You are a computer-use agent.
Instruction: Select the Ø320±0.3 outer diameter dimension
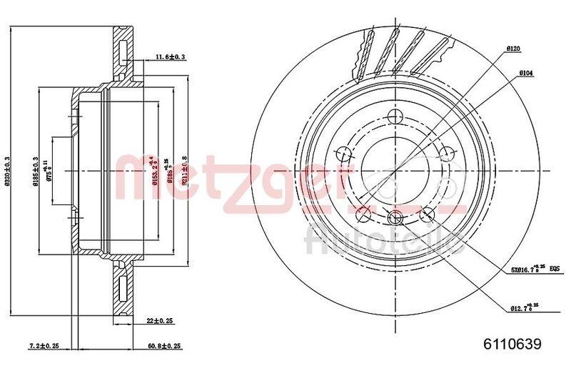pos(8,172)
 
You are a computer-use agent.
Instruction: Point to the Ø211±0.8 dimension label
pos(183,172)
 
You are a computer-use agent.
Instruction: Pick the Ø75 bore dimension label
pos(49,172)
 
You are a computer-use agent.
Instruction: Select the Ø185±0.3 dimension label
pos(36,172)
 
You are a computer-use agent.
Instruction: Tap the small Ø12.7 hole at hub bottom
pos(395,219)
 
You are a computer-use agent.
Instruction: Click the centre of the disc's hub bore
pos(395,172)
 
